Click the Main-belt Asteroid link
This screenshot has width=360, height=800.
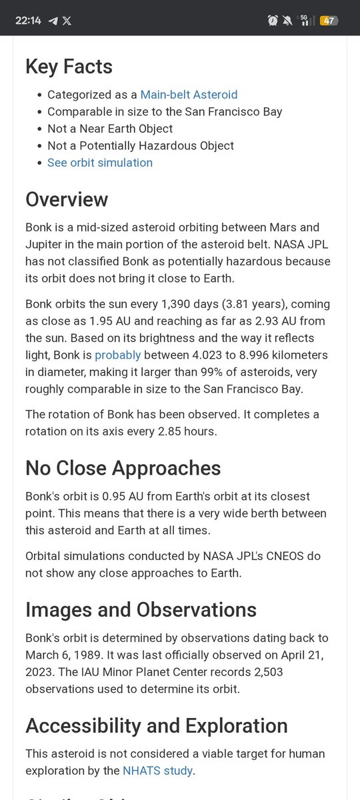coord(189,95)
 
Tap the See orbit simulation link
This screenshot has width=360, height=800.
coord(100,163)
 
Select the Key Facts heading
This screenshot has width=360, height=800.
coord(69,66)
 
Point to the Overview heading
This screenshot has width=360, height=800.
coord(67,199)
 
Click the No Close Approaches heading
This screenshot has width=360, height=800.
coord(123,468)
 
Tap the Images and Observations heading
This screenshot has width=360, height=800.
coord(141,609)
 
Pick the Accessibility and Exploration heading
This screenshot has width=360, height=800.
coord(157,725)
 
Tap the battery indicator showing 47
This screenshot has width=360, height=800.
coord(328,21)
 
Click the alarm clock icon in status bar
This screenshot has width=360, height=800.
coord(273,21)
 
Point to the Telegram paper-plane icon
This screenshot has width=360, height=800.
coord(53,21)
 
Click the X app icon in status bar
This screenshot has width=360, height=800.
coord(67,21)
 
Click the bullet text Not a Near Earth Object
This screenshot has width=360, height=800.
coord(110,129)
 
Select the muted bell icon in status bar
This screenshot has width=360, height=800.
coord(287,21)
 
